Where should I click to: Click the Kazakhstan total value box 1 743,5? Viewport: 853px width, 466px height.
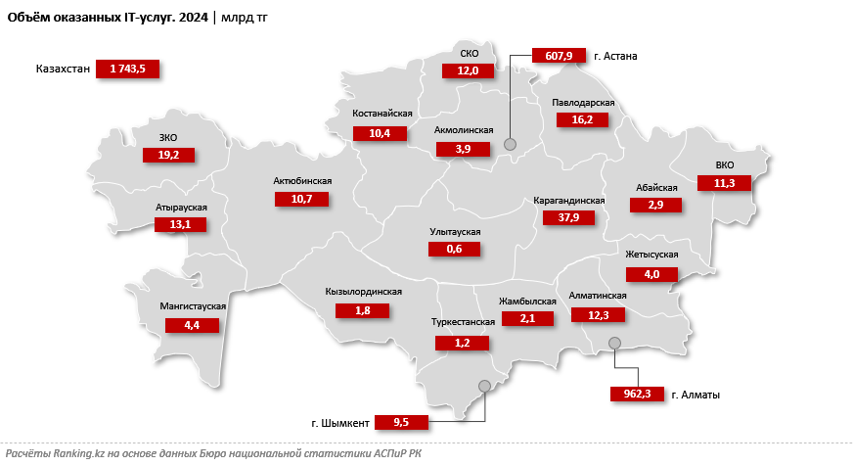pyautogui.click(x=128, y=69)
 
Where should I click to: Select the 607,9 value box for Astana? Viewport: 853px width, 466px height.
pyautogui.click(x=558, y=56)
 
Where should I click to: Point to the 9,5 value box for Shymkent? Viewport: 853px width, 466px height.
pyautogui.click(x=401, y=423)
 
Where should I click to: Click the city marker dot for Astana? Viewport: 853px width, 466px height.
pyautogui.click(x=510, y=145)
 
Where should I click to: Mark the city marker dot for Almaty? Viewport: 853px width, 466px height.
pyautogui.click(x=615, y=343)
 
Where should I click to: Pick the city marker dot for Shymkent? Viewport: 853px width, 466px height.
pyautogui.click(x=483, y=386)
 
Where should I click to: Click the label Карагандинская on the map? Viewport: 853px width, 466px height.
pyautogui.click(x=569, y=201)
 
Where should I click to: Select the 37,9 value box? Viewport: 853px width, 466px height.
pyautogui.click(x=569, y=217)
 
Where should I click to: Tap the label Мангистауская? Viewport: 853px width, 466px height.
pyautogui.click(x=193, y=306)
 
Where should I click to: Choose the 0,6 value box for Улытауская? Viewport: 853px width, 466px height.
pyautogui.click(x=455, y=249)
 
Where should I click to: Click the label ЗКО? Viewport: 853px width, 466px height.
pyautogui.click(x=167, y=137)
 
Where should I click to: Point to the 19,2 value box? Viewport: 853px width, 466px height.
pyautogui.click(x=169, y=154)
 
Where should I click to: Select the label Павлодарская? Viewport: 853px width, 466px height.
pyautogui.click(x=583, y=103)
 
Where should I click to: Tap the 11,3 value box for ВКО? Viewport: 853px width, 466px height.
pyautogui.click(x=724, y=182)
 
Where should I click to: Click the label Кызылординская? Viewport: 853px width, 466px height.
pyautogui.click(x=363, y=292)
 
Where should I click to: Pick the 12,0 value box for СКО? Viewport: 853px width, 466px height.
pyautogui.click(x=468, y=70)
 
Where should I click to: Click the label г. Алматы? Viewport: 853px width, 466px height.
pyautogui.click(x=696, y=395)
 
